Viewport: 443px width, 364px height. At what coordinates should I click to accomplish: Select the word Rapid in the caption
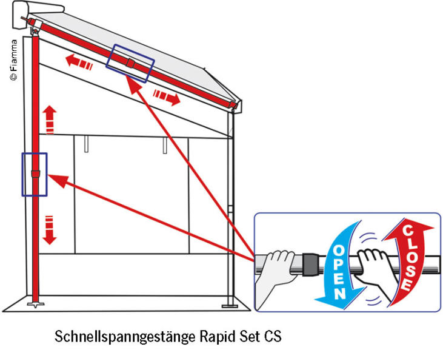(208, 335)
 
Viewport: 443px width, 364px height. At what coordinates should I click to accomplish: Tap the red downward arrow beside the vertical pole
(50, 231)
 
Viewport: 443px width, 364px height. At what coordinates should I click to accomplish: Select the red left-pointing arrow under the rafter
(79, 63)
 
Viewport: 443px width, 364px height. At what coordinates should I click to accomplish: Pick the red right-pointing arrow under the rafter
(167, 96)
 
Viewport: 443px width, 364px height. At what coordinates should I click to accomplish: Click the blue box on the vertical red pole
(35, 174)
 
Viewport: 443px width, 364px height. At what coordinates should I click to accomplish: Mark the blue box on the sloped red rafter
(130, 62)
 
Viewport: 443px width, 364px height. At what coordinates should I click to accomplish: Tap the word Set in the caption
(246, 335)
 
